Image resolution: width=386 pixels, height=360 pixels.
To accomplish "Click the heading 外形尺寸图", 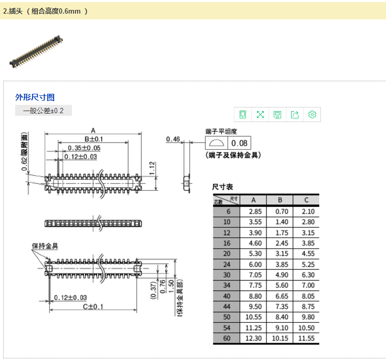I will tap(35, 97).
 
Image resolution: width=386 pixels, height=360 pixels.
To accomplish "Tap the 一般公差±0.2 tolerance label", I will tap(43, 111).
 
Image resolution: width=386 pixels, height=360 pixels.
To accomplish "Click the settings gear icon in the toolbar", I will tap(313, 114).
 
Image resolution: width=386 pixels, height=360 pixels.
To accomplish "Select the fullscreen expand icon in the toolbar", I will tap(260, 114).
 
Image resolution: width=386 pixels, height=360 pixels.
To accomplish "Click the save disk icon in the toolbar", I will tap(277, 114).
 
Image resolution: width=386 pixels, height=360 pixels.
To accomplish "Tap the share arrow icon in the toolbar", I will tap(295, 114).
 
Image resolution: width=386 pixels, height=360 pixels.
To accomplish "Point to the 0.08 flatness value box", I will tap(239, 143).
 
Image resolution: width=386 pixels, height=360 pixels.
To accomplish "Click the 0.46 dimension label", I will tap(173, 139).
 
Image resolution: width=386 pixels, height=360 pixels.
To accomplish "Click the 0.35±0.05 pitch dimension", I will tap(84, 148).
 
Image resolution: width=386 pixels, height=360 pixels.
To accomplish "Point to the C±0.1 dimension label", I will tap(93, 307).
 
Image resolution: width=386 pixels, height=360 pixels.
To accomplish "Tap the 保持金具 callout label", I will tap(45, 246).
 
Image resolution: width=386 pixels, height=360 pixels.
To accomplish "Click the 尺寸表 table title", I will tap(222, 187).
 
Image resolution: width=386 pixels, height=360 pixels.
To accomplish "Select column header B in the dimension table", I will tap(280, 200).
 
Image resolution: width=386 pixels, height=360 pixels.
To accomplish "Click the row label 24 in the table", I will tap(227, 265).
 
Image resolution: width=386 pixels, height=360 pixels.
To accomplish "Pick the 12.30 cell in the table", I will tap(253, 339).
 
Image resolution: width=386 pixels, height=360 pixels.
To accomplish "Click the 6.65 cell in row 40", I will tap(280, 296).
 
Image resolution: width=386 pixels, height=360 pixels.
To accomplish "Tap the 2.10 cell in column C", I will tap(307, 211).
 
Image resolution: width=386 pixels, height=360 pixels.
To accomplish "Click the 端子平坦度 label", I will tap(221, 131).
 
